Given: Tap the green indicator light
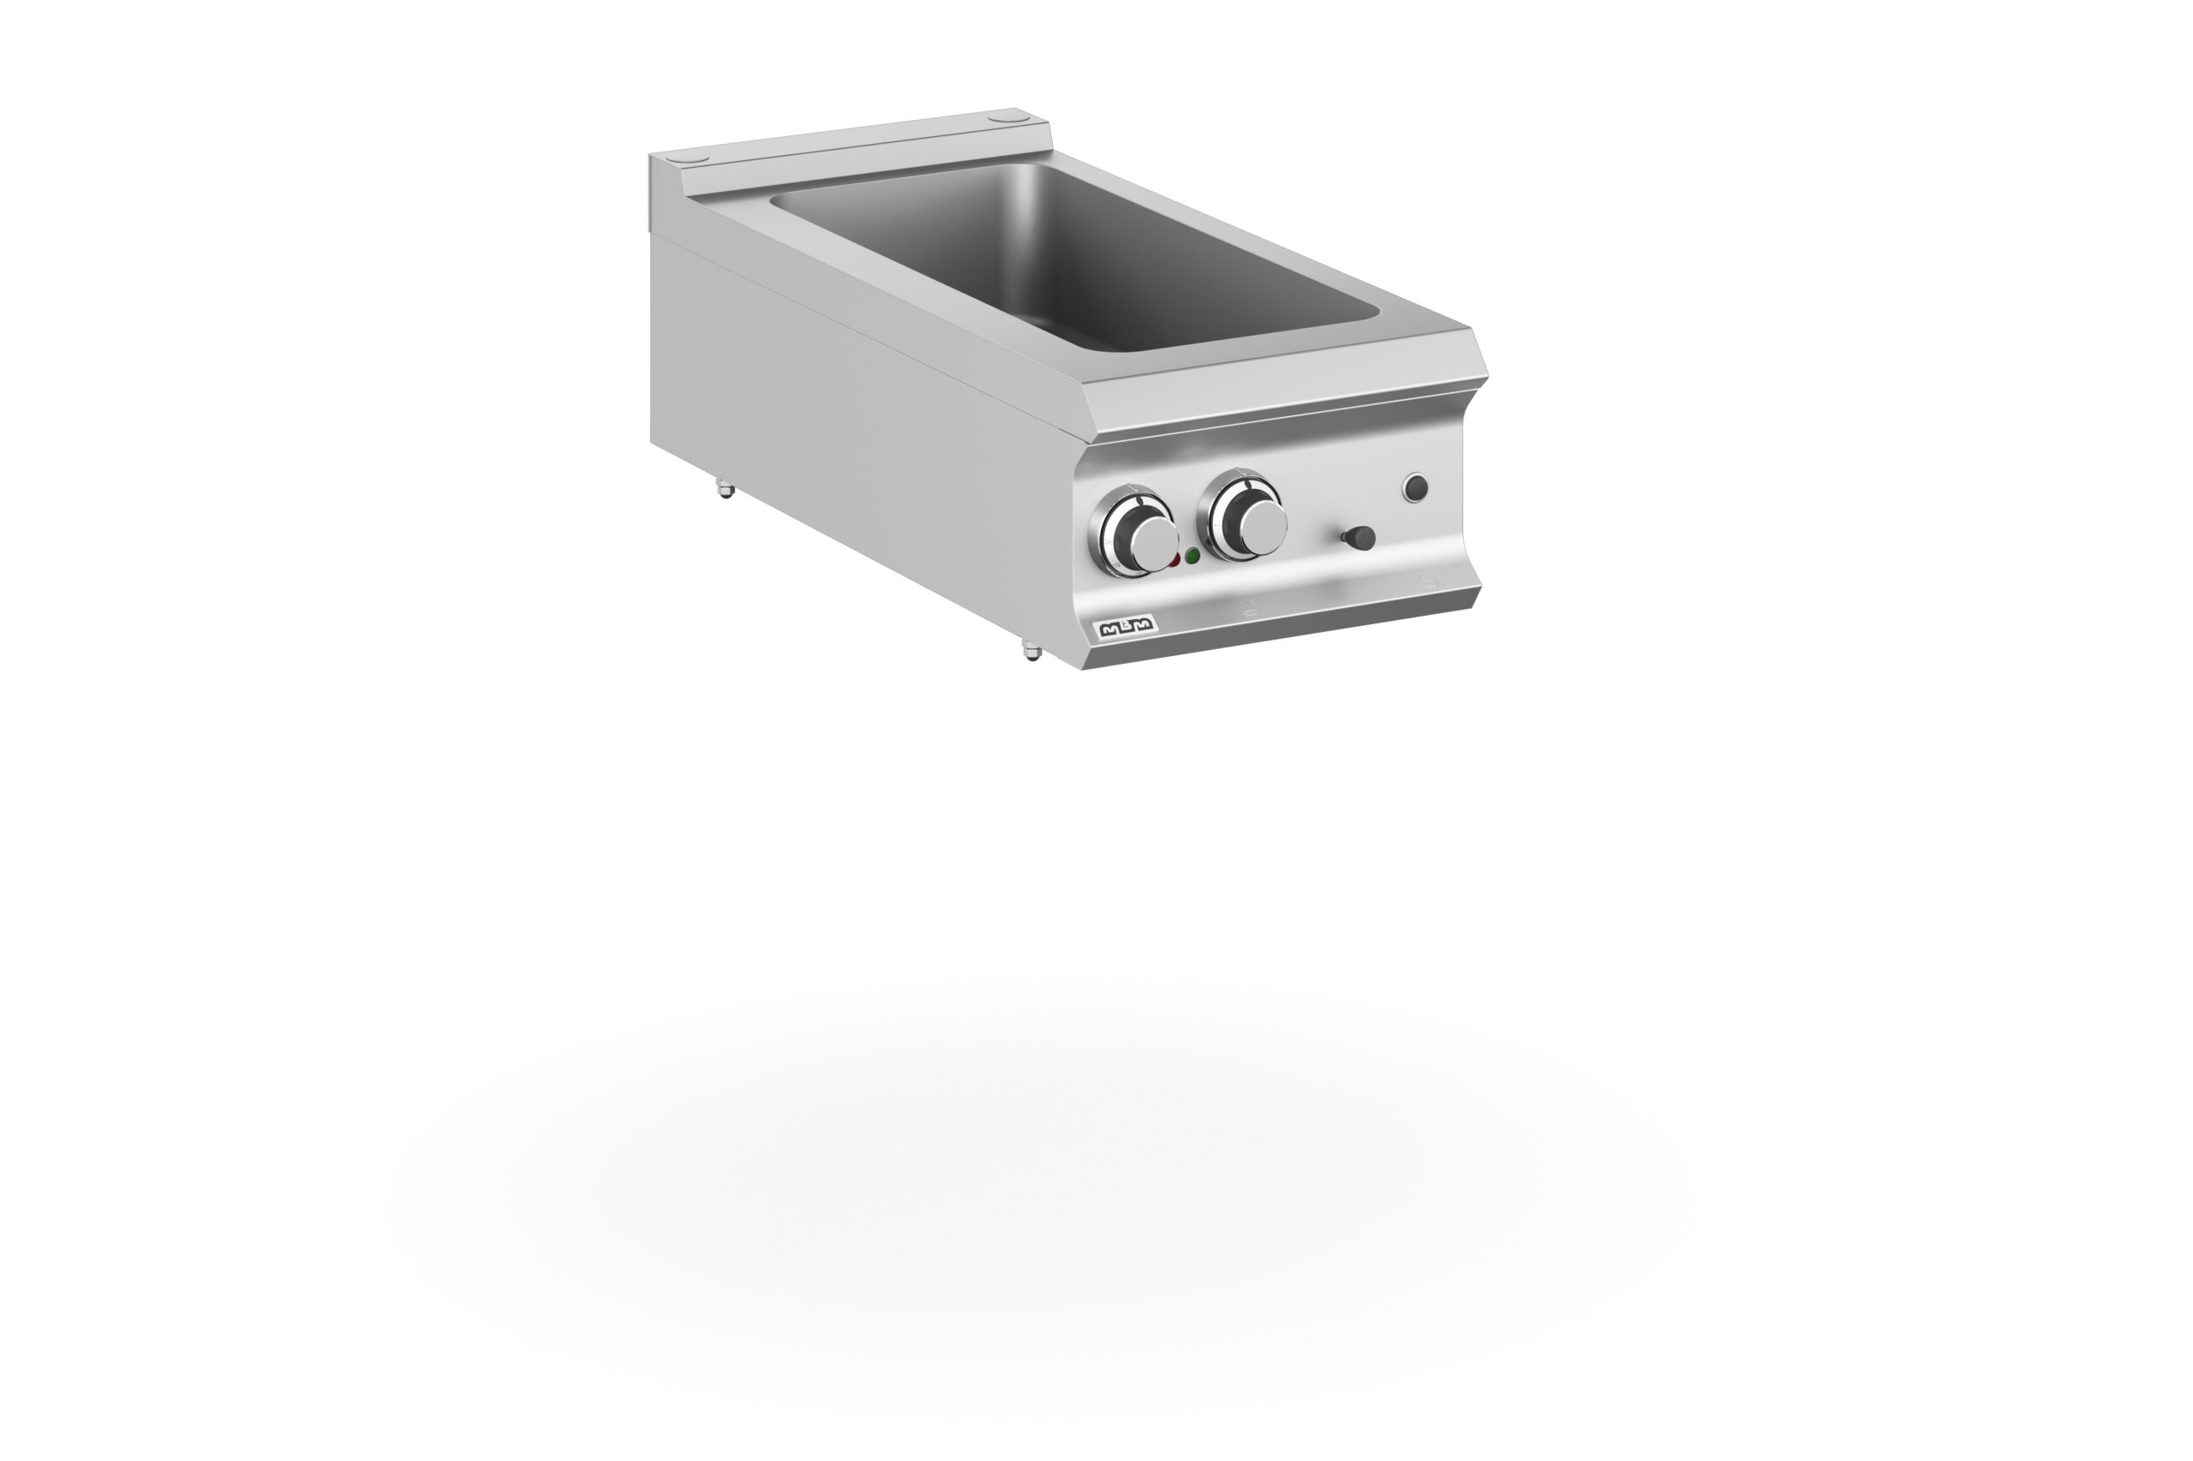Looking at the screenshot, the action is click(x=1193, y=557).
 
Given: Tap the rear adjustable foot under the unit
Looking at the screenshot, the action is click(x=723, y=488).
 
